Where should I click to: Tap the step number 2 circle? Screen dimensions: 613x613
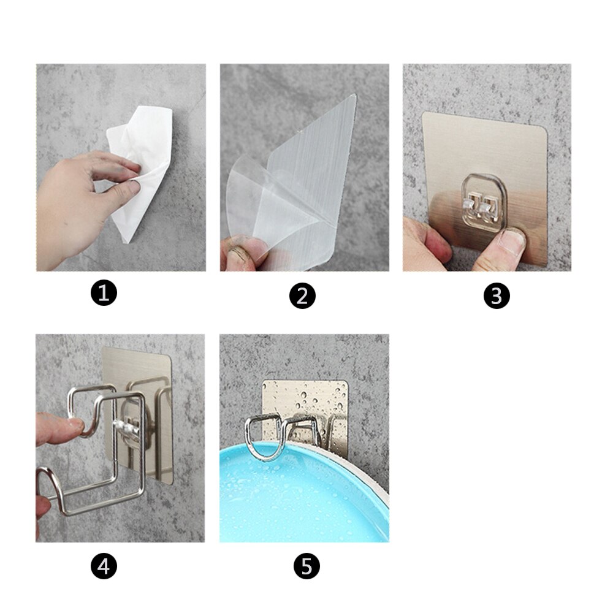click(302, 297)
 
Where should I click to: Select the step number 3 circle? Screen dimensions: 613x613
click(497, 296)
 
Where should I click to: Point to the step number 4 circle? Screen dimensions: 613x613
click(104, 566)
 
